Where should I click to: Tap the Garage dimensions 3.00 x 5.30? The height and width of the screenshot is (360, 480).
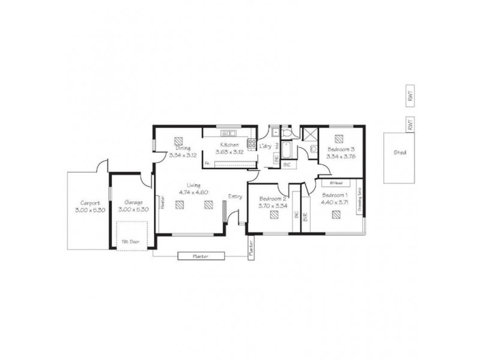click(130, 210)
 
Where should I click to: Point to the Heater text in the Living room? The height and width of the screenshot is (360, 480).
click(162, 203)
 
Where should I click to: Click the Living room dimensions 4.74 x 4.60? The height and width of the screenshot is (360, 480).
click(193, 192)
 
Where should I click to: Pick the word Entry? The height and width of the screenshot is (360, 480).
click(235, 196)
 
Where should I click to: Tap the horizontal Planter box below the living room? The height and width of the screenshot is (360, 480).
click(201, 256)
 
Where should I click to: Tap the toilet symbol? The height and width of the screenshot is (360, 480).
click(286, 133)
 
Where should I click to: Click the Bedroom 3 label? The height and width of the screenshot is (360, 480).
click(341, 149)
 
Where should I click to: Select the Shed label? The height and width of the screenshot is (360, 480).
click(400, 152)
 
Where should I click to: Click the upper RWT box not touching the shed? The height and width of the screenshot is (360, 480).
click(410, 95)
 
